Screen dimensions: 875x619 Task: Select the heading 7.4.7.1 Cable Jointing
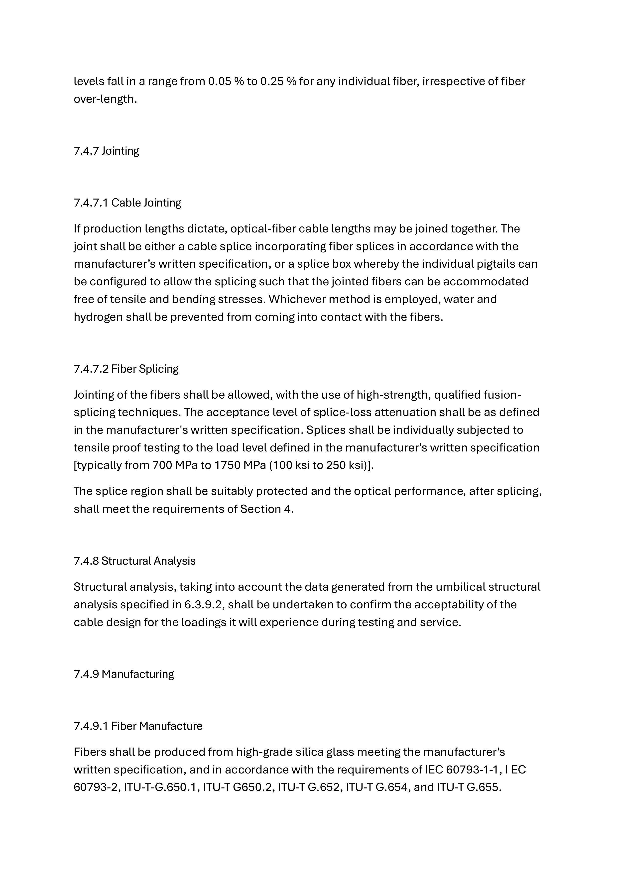click(x=127, y=203)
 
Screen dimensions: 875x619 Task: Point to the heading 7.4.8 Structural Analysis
click(x=134, y=561)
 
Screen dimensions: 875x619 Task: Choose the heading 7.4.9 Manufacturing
click(x=124, y=674)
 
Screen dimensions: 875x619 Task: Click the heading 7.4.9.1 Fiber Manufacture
click(x=138, y=726)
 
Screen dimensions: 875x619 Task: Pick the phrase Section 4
click(x=267, y=509)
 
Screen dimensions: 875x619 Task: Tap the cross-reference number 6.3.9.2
click(x=203, y=605)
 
